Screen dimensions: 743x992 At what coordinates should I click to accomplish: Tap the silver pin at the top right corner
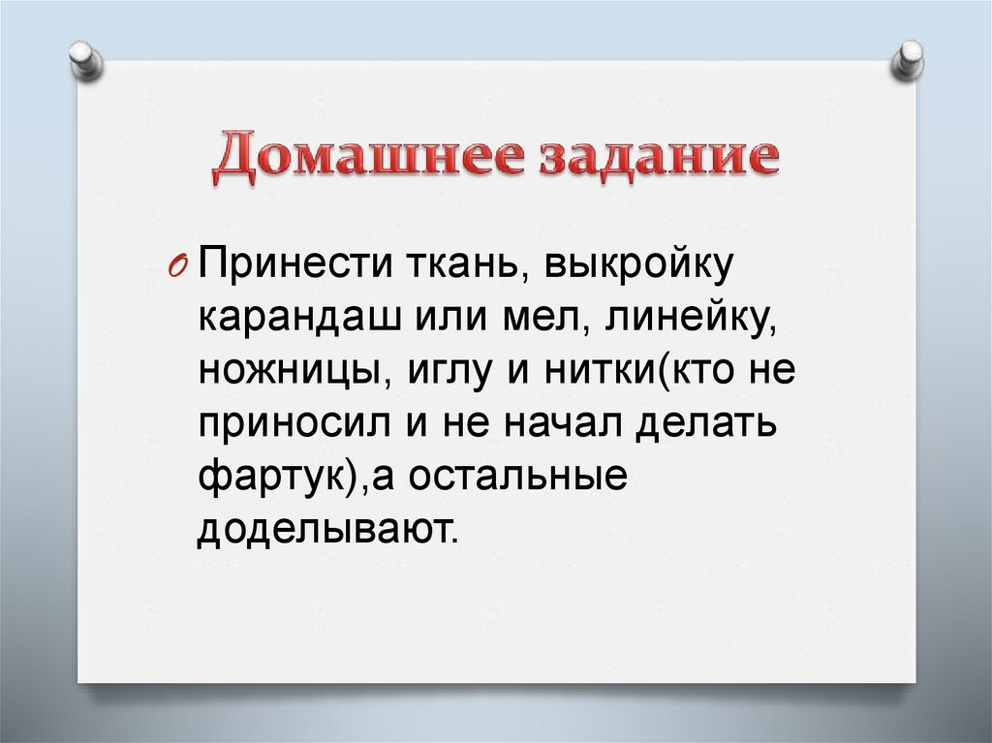click(x=908, y=59)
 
